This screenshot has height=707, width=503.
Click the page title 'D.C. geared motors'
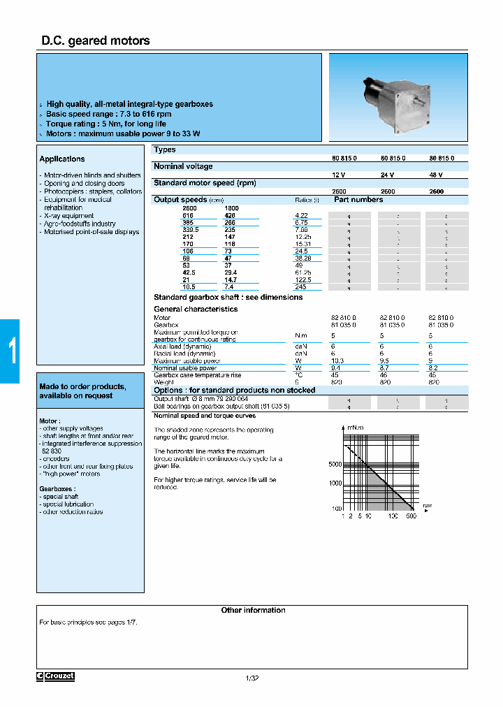click(96, 41)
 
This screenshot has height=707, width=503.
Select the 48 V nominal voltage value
click(435, 175)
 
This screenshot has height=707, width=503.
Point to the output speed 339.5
click(190, 228)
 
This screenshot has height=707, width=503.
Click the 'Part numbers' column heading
click(358, 200)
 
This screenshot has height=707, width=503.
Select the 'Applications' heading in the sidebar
click(62, 159)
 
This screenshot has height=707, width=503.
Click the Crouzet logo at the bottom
click(55, 676)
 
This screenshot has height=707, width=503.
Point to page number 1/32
click(252, 678)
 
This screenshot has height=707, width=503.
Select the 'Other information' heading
click(253, 611)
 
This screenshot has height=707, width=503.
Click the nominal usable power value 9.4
click(335, 368)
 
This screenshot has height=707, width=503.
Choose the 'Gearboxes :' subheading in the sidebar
click(57, 489)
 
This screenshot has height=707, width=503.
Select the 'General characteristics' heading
click(196, 309)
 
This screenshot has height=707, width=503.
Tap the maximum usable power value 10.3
click(337, 361)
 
